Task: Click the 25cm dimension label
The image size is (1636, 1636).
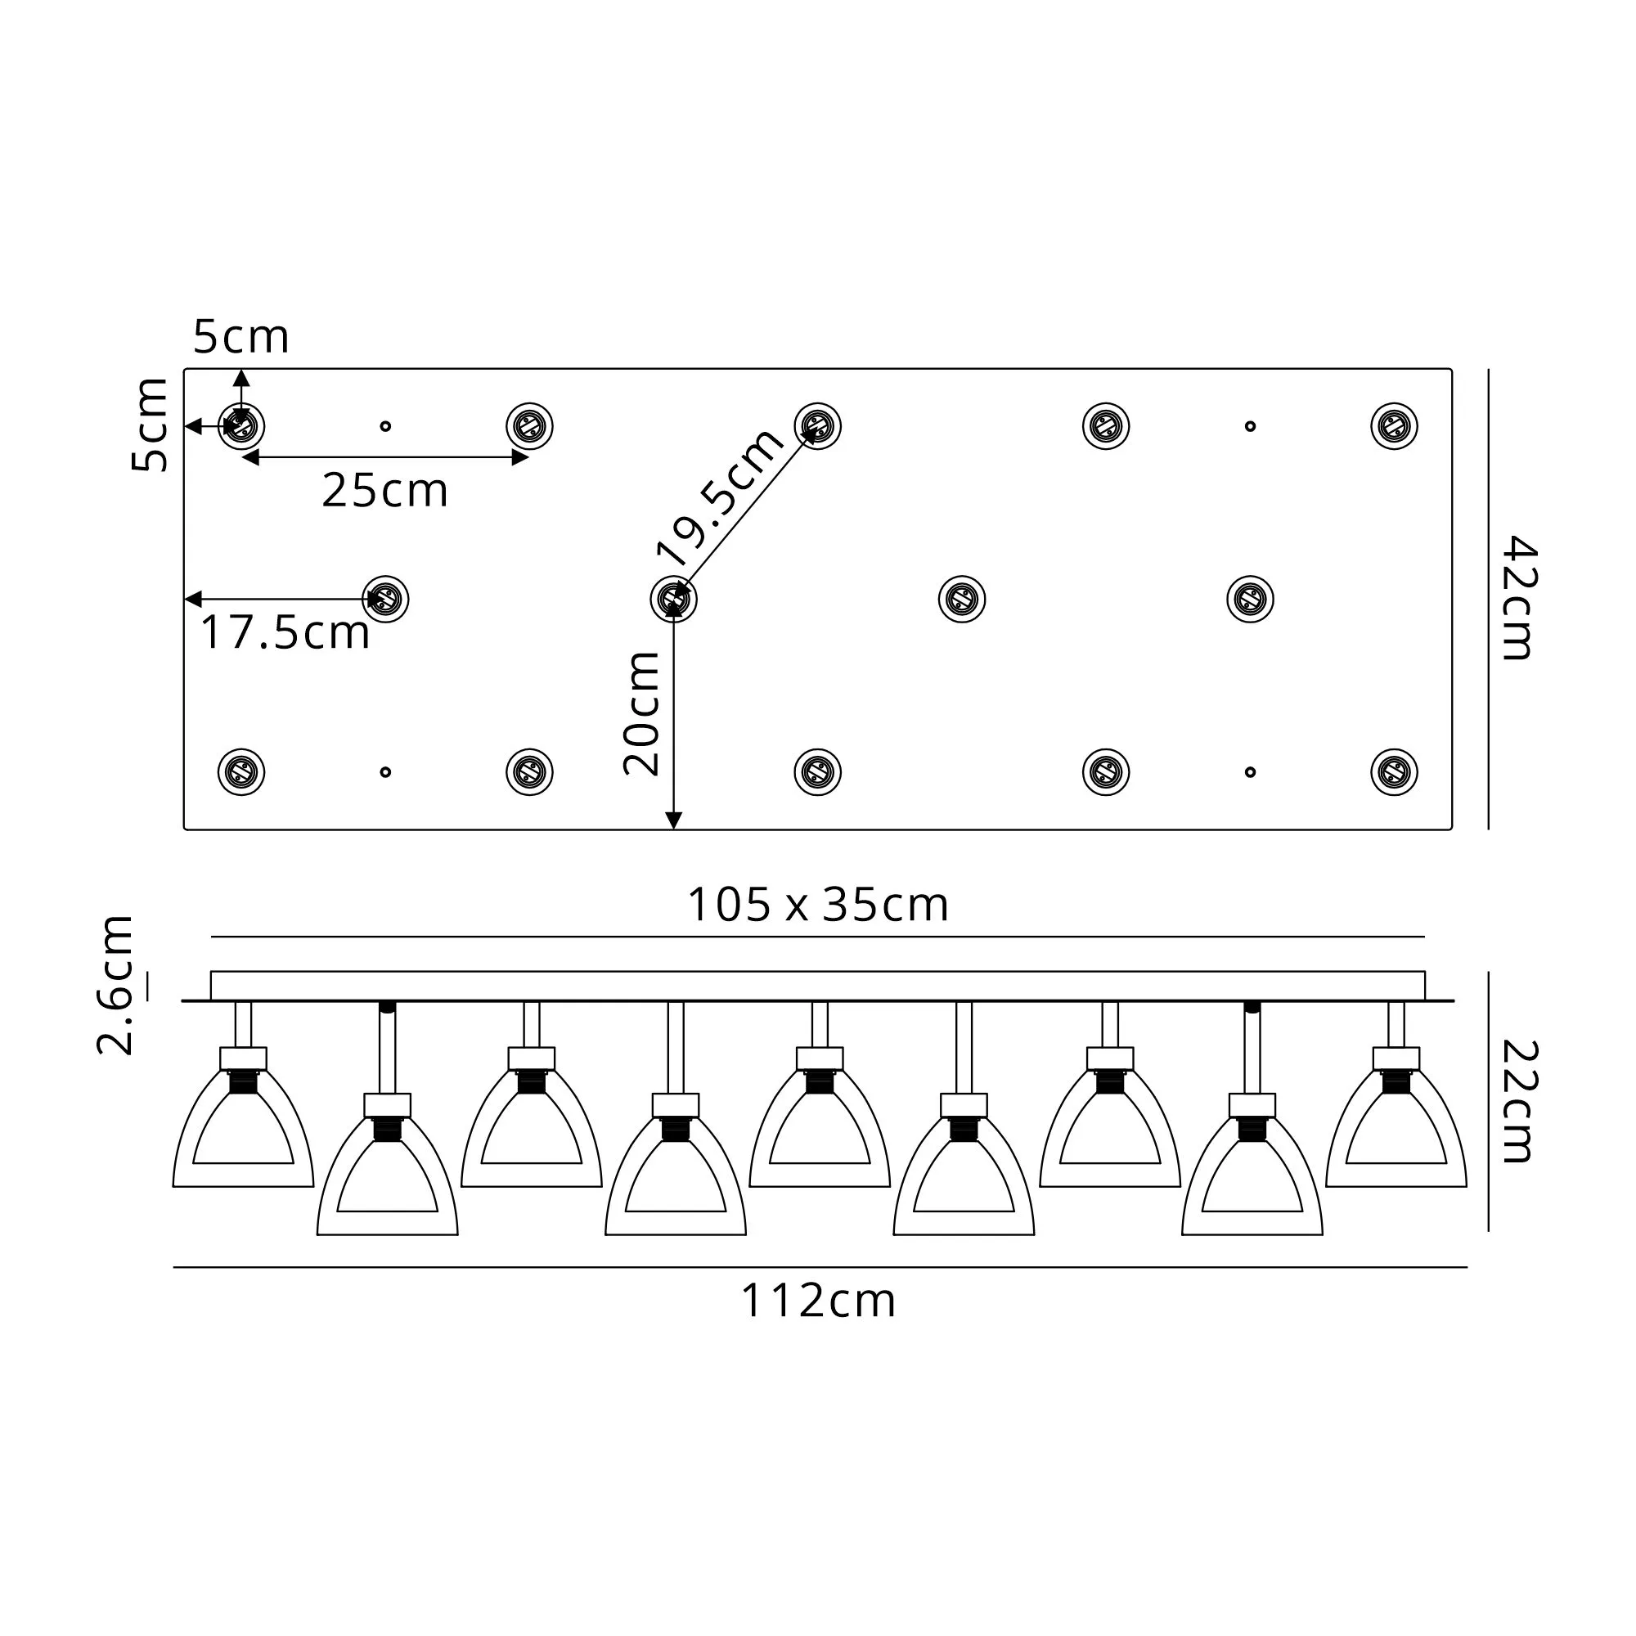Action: (384, 490)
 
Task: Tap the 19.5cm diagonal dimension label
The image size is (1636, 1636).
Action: (721, 497)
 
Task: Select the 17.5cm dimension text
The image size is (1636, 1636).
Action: (285, 632)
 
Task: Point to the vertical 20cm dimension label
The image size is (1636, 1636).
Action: (641, 714)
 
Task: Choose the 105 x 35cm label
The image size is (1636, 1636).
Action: (818, 905)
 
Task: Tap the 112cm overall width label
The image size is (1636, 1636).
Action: (818, 1301)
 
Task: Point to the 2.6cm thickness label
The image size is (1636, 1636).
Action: (115, 985)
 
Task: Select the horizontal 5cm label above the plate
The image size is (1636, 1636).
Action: (241, 337)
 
